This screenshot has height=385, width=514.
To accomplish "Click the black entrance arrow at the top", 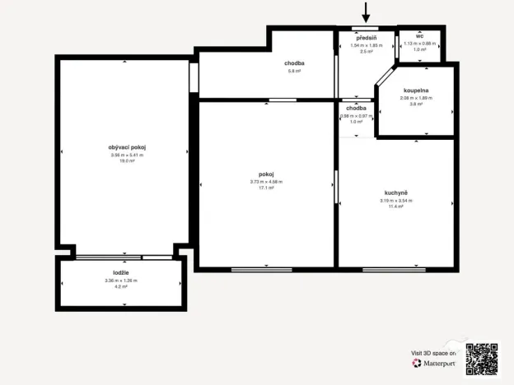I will pyautogui.click(x=367, y=12).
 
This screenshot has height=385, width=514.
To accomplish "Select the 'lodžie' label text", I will pyautogui.click(x=120, y=272).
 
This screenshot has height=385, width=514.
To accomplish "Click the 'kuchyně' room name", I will pyautogui.click(x=395, y=192).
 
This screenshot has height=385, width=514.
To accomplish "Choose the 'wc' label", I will pyautogui.click(x=419, y=36).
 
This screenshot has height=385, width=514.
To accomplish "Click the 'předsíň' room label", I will pyautogui.click(x=367, y=39).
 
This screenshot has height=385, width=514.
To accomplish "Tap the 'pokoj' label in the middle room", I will pyautogui.click(x=265, y=174).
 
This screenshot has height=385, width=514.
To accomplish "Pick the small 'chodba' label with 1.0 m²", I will pyautogui.click(x=356, y=109).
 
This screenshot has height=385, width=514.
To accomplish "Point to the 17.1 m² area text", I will pyautogui.click(x=265, y=188).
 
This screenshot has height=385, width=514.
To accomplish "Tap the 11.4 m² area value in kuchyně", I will pyautogui.click(x=395, y=206).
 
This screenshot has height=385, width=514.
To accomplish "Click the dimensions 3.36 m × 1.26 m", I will pyautogui.click(x=120, y=281).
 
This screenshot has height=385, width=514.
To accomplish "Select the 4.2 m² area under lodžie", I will pyautogui.click(x=120, y=287).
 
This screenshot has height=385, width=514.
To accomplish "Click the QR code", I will pyautogui.click(x=482, y=359).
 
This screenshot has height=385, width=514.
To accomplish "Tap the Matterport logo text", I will pyautogui.click(x=438, y=363).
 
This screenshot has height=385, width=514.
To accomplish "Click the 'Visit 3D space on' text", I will pyautogui.click(x=432, y=352).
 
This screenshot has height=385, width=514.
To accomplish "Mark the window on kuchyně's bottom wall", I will pyautogui.click(x=394, y=269).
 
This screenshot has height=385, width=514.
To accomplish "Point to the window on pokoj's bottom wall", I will pyautogui.click(x=261, y=269).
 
